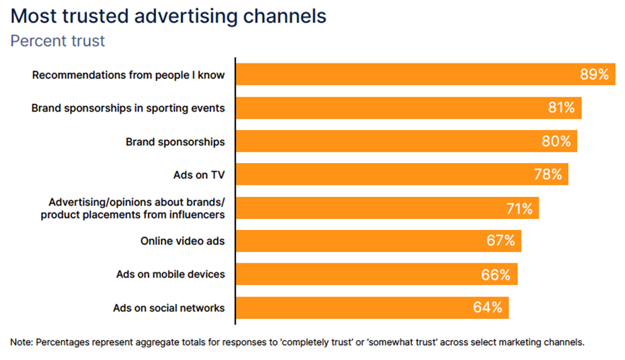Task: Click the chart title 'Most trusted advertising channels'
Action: (x=169, y=16)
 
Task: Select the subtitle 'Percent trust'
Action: (x=57, y=41)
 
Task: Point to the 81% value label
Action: (x=561, y=108)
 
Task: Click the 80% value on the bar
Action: (x=556, y=141)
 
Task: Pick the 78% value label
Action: (x=548, y=174)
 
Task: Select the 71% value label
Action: (x=519, y=208)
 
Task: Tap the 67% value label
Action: (x=501, y=241)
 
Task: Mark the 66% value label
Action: (x=496, y=274)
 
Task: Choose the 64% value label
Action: (x=488, y=308)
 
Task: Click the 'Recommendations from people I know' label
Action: (x=129, y=75)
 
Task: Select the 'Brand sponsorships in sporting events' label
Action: (x=128, y=108)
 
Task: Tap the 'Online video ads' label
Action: (x=182, y=241)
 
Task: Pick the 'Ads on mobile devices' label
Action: (x=170, y=274)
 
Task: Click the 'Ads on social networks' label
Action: (x=169, y=308)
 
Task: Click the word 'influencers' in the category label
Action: (x=197, y=214)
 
